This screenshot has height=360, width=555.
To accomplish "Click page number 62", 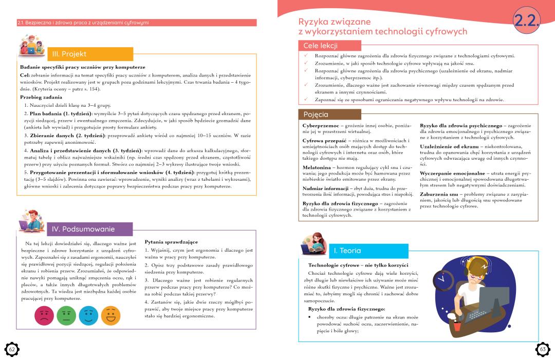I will [12, 349].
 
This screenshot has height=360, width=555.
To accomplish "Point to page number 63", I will [543, 349].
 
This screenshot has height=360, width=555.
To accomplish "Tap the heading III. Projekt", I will [70, 54].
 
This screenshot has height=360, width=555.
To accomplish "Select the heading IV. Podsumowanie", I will [84, 229].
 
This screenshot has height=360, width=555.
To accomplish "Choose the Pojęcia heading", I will [316, 114].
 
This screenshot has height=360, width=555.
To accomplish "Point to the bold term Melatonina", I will [317, 167].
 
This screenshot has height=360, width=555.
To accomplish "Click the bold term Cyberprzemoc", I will [320, 125].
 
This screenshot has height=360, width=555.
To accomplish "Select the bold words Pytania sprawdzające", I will [171, 241].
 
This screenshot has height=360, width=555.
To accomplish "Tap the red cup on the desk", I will [457, 326].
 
